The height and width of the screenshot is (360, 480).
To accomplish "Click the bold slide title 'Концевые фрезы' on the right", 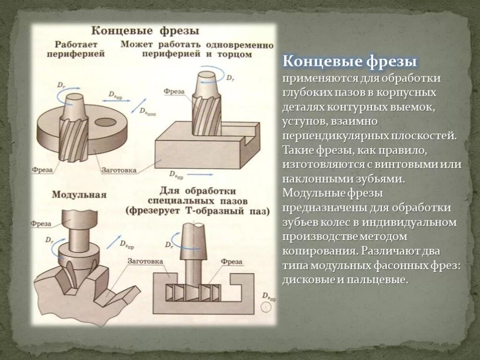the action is [x=350, y=62].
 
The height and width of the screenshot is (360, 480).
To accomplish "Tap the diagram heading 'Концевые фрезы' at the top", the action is [x=145, y=31].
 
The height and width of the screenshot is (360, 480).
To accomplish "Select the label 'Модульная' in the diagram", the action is [x=79, y=194].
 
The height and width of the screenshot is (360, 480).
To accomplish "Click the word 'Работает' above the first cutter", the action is [x=75, y=45].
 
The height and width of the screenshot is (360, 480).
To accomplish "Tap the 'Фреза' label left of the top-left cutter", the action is [x=42, y=169].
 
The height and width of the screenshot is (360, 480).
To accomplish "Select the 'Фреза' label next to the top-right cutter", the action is [x=174, y=92].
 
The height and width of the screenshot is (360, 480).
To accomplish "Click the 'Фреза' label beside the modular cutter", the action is [x=41, y=224].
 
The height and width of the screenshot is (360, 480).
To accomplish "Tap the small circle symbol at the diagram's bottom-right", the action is [x=266, y=308].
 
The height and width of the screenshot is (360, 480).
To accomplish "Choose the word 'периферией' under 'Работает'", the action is [x=75, y=54].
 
